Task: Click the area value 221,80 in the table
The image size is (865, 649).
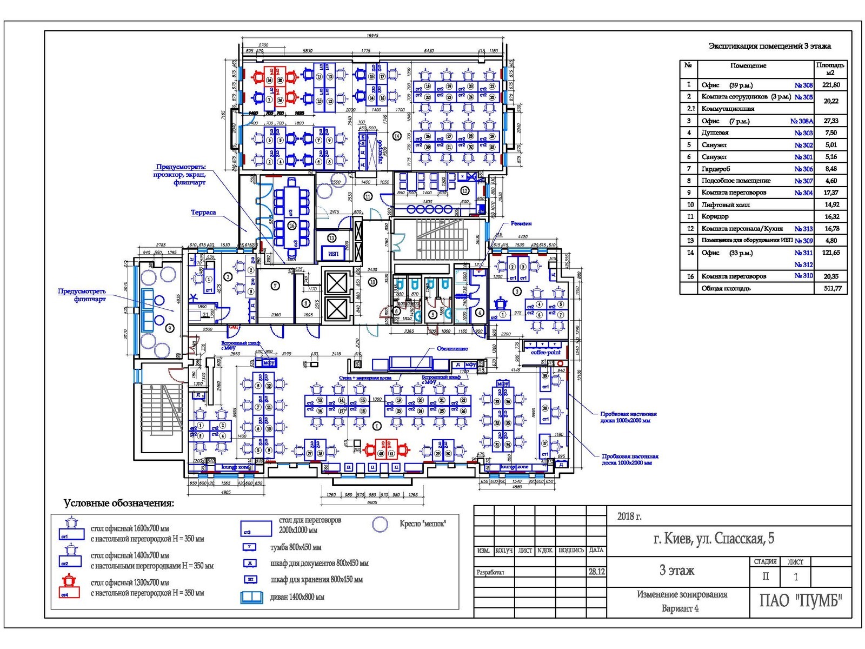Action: pyautogui.click(x=830, y=85)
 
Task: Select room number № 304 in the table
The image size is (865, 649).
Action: pyautogui.click(x=803, y=193)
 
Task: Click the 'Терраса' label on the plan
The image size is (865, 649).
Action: pyautogui.click(x=203, y=213)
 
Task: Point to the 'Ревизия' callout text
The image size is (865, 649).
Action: pyautogui.click(x=521, y=223)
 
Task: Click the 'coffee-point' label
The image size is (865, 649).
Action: pyautogui.click(x=545, y=352)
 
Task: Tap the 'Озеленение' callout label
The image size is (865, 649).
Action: pyautogui.click(x=452, y=349)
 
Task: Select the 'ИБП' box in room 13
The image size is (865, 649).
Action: pyautogui.click(x=333, y=253)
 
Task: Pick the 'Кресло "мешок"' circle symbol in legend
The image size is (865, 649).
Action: pyautogui.click(x=381, y=524)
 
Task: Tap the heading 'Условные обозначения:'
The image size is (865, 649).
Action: pyautogui.click(x=119, y=504)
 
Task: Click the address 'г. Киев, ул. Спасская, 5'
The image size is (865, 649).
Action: pyautogui.click(x=714, y=538)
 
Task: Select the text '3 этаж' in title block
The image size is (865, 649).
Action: pyautogui.click(x=676, y=570)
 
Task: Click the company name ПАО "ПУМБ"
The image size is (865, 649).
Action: pyautogui.click(x=800, y=601)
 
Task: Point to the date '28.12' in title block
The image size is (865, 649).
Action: pyautogui.click(x=596, y=572)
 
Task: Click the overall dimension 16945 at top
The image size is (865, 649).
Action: pyautogui.click(x=372, y=36)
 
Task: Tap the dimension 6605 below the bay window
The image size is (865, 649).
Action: pyautogui.click(x=372, y=502)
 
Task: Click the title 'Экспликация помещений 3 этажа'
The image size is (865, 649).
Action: pyautogui.click(x=769, y=47)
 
